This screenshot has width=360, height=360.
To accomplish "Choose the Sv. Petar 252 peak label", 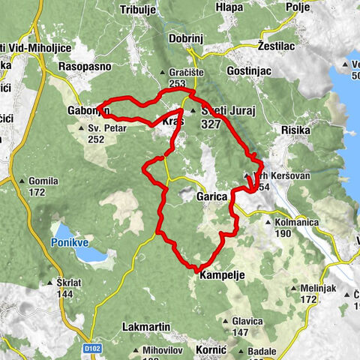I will pyautogui.click(x=94, y=133).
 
